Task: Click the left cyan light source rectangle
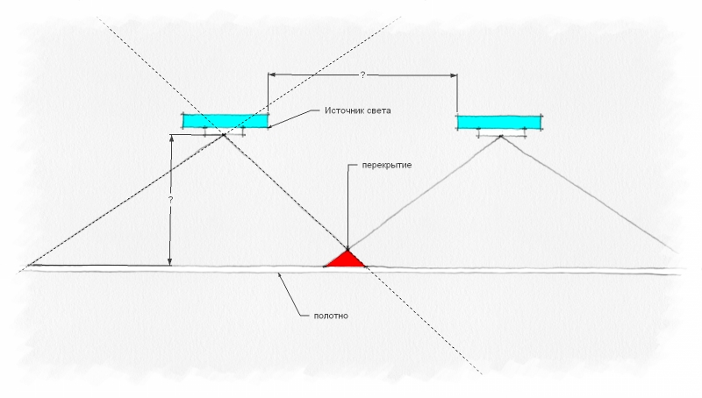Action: (x=226, y=121)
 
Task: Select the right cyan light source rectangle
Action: (x=499, y=121)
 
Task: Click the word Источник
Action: (x=343, y=111)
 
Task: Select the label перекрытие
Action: (x=375, y=165)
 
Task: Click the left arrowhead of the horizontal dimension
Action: (x=272, y=75)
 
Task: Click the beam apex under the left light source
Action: (x=225, y=134)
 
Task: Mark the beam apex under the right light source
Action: (x=501, y=136)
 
